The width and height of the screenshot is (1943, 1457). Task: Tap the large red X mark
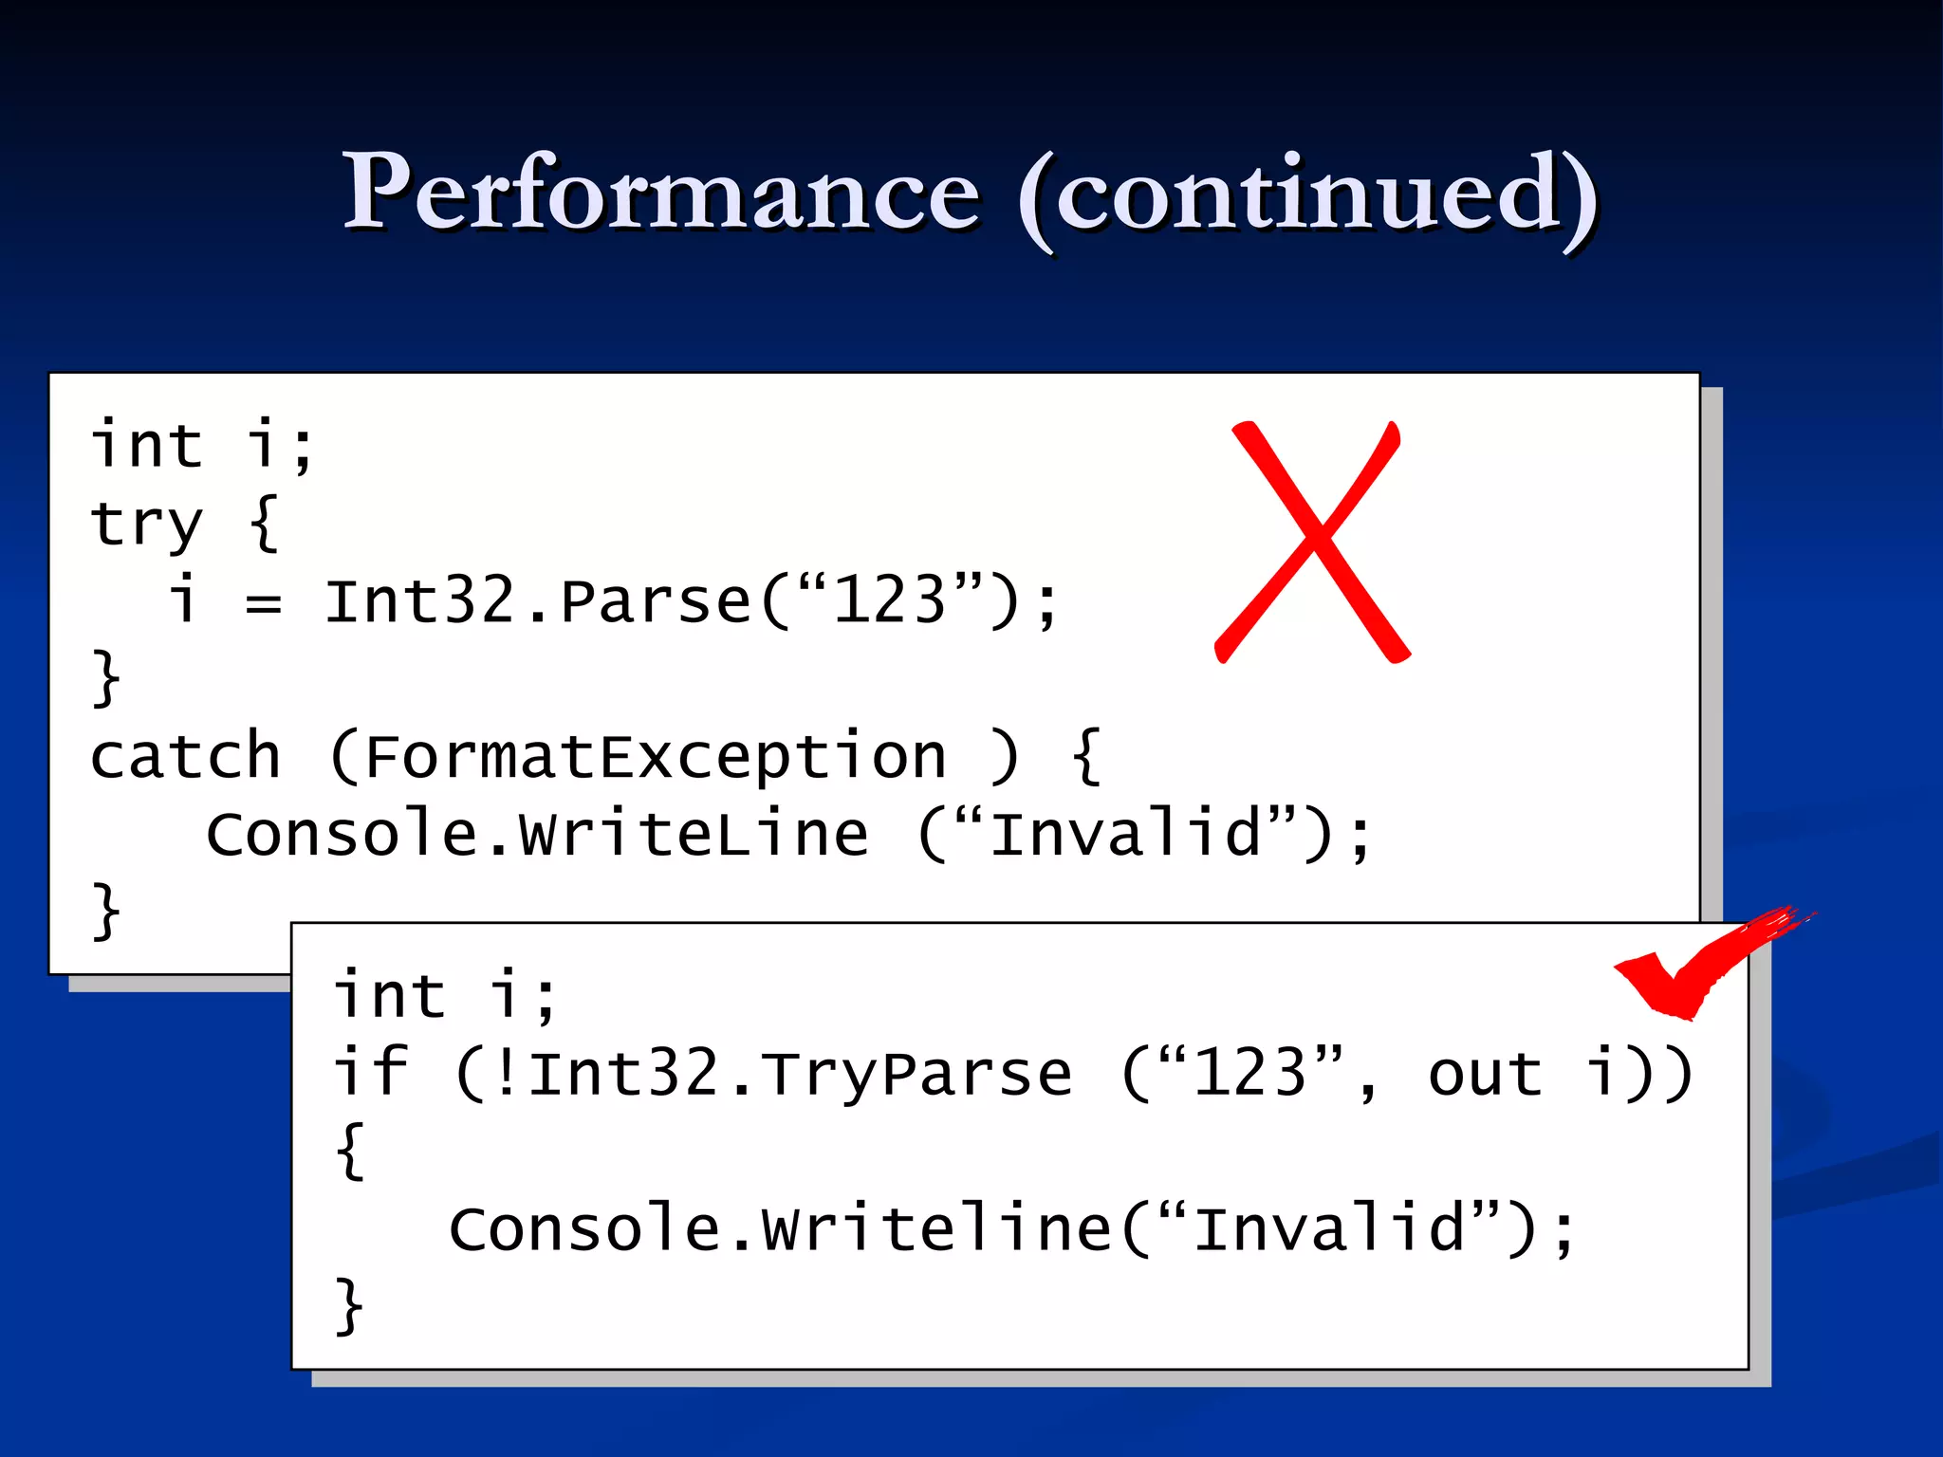pyautogui.click(x=1312, y=543)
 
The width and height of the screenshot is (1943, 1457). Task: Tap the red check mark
pyautogui.click(x=1698, y=968)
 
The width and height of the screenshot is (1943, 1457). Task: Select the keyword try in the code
pyautogui.click(x=146, y=524)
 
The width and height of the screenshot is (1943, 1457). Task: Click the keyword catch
pyautogui.click(x=186, y=757)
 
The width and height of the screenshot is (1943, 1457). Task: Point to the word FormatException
pyautogui.click(x=655, y=757)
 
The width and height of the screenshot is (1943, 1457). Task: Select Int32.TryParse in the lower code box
pyautogui.click(x=800, y=1074)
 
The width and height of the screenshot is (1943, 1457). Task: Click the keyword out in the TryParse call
pyautogui.click(x=1485, y=1074)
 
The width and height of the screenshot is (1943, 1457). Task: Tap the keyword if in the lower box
pyautogui.click(x=370, y=1072)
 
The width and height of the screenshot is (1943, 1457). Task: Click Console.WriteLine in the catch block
pyautogui.click(x=537, y=835)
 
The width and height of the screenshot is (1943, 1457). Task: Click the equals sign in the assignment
pyautogui.click(x=263, y=603)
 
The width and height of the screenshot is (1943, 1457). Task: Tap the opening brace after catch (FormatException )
pyautogui.click(x=1087, y=757)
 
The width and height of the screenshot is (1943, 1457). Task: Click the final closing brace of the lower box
pyautogui.click(x=349, y=1307)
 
